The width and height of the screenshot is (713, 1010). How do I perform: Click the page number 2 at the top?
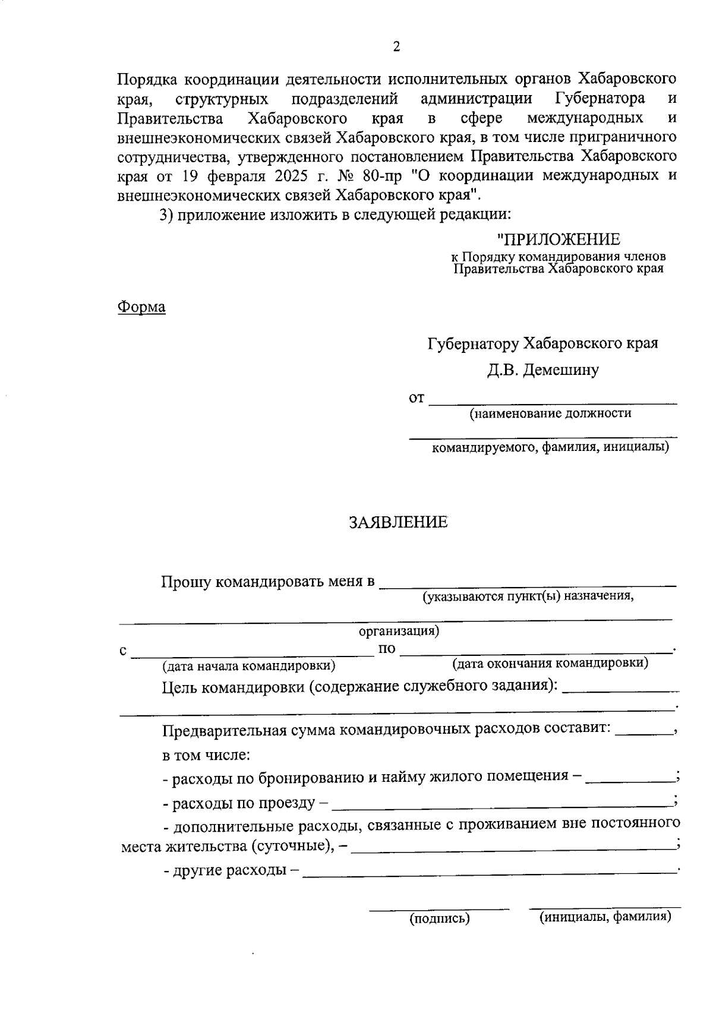point(396,47)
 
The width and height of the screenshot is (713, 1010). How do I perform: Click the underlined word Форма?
point(141,307)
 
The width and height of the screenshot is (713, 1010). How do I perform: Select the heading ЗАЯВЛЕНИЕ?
point(397,522)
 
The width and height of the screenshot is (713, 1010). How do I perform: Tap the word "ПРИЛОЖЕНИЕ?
point(558,239)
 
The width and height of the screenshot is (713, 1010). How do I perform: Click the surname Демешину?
point(564,370)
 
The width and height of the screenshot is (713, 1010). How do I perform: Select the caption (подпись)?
point(440,919)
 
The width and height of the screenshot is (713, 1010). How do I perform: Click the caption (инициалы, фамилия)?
point(605,917)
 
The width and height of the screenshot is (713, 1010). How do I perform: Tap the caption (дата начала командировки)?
point(250,665)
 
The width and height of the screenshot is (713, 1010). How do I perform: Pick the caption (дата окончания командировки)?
point(550,662)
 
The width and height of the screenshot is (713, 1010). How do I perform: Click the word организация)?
point(399,631)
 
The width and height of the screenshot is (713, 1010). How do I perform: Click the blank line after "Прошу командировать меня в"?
point(528,585)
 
